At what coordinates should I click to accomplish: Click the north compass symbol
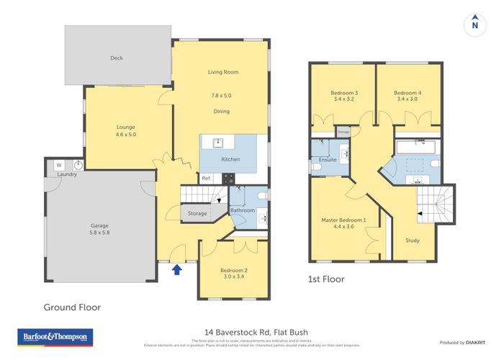click(474, 23)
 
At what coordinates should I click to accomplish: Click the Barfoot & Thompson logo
click(55, 337)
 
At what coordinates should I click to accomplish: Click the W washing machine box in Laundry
click(59, 165)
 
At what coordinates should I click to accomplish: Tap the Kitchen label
click(230, 159)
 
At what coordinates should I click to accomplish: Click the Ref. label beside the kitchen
click(206, 178)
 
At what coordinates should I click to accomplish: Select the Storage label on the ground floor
click(197, 213)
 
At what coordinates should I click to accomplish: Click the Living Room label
click(223, 72)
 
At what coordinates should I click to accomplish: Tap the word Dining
click(222, 111)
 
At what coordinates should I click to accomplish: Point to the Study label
click(413, 240)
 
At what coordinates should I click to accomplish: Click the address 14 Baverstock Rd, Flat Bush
click(251, 325)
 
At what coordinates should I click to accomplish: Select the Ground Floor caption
click(72, 307)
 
